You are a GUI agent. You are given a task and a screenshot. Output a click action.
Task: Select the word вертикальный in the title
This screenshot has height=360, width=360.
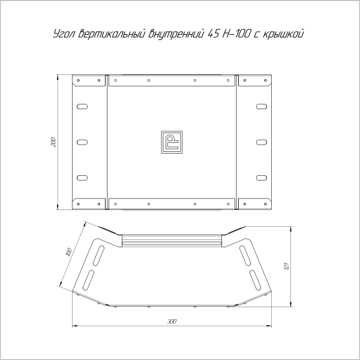click(x=106, y=35)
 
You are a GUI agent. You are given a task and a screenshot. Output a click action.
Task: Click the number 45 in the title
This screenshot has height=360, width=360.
click(x=213, y=35)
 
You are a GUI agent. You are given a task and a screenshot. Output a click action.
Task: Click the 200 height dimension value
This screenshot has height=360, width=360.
click(x=53, y=143)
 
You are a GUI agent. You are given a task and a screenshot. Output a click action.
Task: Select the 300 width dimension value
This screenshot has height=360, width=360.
click(x=172, y=322)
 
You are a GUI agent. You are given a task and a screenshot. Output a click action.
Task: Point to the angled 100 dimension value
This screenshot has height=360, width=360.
click(x=68, y=252)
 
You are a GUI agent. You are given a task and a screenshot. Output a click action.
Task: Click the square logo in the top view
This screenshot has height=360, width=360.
click(x=172, y=142)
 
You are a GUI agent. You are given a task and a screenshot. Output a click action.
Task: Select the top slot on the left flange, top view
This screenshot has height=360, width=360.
click(x=82, y=107)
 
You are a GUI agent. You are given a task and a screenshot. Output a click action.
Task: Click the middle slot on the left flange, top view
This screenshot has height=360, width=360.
click(x=82, y=142)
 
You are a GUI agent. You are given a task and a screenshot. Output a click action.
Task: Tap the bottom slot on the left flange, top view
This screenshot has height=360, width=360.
click(x=82, y=178)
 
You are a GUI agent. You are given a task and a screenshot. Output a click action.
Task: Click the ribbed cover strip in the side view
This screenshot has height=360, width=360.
click(x=172, y=241)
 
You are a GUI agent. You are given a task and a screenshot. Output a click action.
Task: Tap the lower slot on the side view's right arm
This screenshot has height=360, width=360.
click(x=256, y=279)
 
